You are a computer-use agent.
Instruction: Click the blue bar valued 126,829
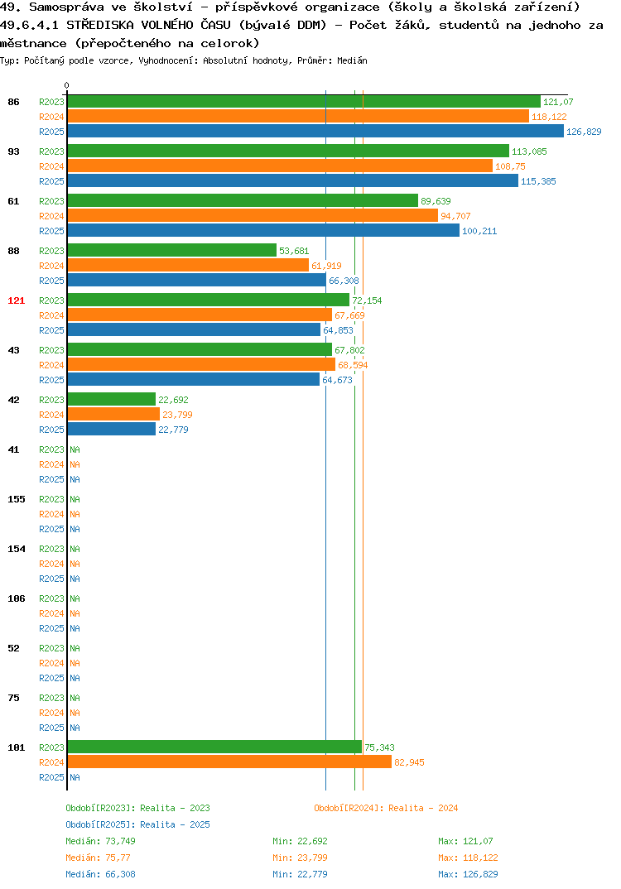click(x=316, y=132)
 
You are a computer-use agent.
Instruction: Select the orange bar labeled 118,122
click(x=298, y=117)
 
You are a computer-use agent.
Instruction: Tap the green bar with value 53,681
click(x=172, y=251)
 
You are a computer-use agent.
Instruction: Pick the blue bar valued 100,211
click(x=263, y=231)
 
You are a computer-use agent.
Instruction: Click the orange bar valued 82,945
click(x=229, y=762)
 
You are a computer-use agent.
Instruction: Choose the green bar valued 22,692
click(x=112, y=400)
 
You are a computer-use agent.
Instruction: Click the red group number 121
click(x=17, y=300)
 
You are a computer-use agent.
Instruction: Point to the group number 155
click(x=17, y=499)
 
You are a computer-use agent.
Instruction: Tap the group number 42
click(x=13, y=400)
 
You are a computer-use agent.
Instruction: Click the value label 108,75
click(x=510, y=166)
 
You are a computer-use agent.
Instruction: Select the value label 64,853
click(x=338, y=330)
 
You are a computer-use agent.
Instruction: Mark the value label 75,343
click(x=379, y=747)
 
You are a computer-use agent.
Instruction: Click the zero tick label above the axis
click(x=67, y=85)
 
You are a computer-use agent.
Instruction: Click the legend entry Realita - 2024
click(x=386, y=808)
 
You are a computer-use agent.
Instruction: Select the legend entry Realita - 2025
click(x=137, y=824)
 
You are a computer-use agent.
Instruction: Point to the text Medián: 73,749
click(x=100, y=841)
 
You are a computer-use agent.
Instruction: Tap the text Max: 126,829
click(x=468, y=874)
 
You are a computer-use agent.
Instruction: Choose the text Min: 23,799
click(x=300, y=858)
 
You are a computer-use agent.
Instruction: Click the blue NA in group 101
click(x=75, y=777)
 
